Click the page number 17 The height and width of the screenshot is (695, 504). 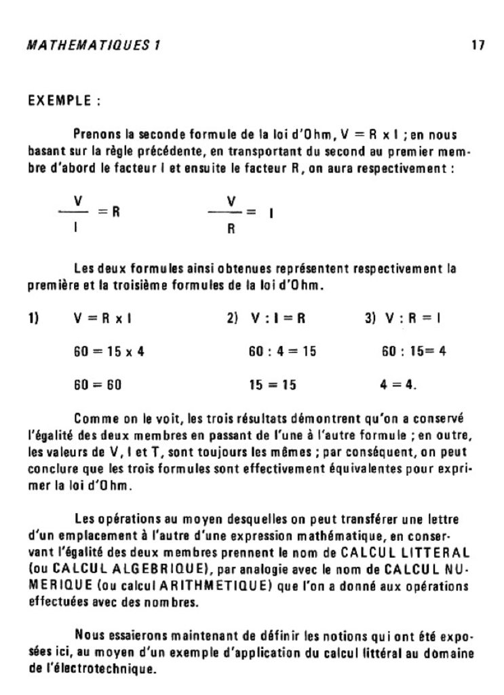tap(478, 47)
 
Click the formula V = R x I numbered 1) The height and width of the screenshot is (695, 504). tap(106, 318)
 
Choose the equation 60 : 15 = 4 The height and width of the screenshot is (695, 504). tap(414, 352)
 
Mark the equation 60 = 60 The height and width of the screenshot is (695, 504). tap(97, 384)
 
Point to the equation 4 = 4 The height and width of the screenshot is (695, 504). tap(399, 384)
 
